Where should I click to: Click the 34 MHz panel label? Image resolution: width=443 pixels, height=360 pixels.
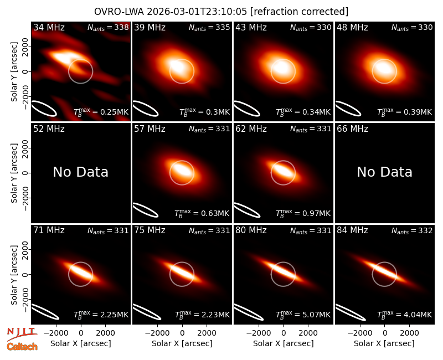[x=49, y=27]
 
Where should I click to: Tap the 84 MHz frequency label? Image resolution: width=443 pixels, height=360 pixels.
[x=352, y=230]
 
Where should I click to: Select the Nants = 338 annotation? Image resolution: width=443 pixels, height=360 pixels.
[x=108, y=27]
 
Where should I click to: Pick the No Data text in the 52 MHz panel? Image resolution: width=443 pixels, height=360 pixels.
[x=81, y=172]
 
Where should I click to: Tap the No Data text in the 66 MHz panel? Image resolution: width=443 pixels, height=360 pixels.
[x=384, y=172]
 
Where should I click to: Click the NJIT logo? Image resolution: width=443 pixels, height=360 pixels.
[x=22, y=334]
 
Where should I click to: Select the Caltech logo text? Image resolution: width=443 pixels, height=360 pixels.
[x=22, y=347]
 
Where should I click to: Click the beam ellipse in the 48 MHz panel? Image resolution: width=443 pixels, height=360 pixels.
[x=348, y=108]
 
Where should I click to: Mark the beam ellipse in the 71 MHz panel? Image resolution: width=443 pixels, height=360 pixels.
[x=45, y=311]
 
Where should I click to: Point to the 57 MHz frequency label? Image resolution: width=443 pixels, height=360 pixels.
[x=150, y=129]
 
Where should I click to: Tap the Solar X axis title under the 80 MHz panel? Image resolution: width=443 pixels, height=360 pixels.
[x=283, y=343]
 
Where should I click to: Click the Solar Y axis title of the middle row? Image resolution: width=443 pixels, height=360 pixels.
[x=14, y=173]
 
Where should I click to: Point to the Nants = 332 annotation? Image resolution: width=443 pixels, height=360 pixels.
[x=412, y=230]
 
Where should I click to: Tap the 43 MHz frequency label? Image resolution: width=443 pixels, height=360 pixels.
[x=251, y=27]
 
